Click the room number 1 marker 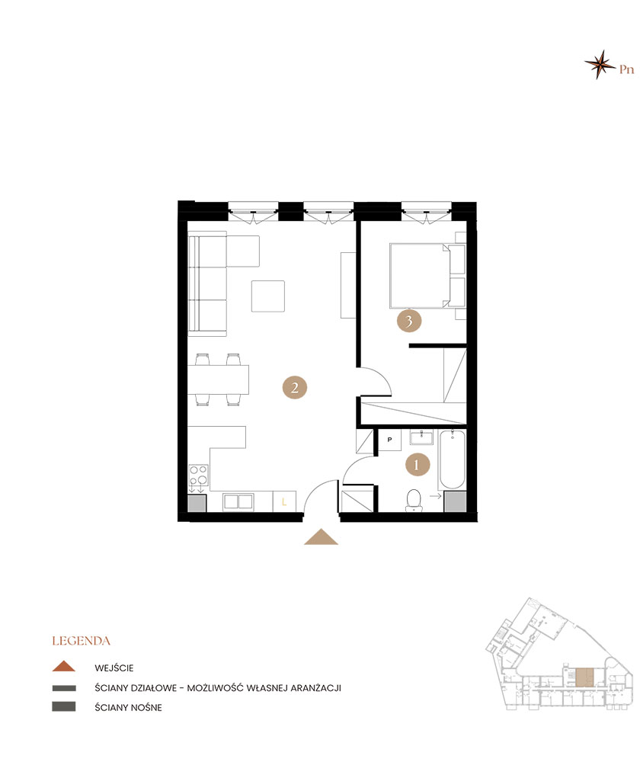coord(418,465)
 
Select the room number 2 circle coord(295,387)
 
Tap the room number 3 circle coord(408,321)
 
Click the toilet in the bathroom coord(414,501)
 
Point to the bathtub coord(452,459)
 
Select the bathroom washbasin coord(421,437)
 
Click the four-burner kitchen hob coord(198,475)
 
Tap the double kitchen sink coord(238,502)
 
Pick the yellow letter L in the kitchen coord(284,501)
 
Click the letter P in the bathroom coord(390,440)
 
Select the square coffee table coord(267,296)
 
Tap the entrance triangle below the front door coord(321,536)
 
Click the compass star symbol coord(600,64)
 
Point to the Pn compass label coord(626,69)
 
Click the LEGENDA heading coord(82,641)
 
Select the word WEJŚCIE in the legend coord(114,668)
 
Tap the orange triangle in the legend coord(64,666)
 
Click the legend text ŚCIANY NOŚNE coord(128,708)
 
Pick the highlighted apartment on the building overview coord(584,677)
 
